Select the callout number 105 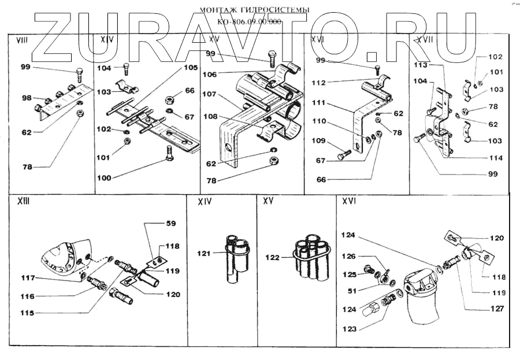click(x=191, y=67)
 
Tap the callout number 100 click(x=104, y=178)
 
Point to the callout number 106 click(x=209, y=74)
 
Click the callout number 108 click(x=209, y=116)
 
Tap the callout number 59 click(x=170, y=223)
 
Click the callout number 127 click(x=496, y=309)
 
